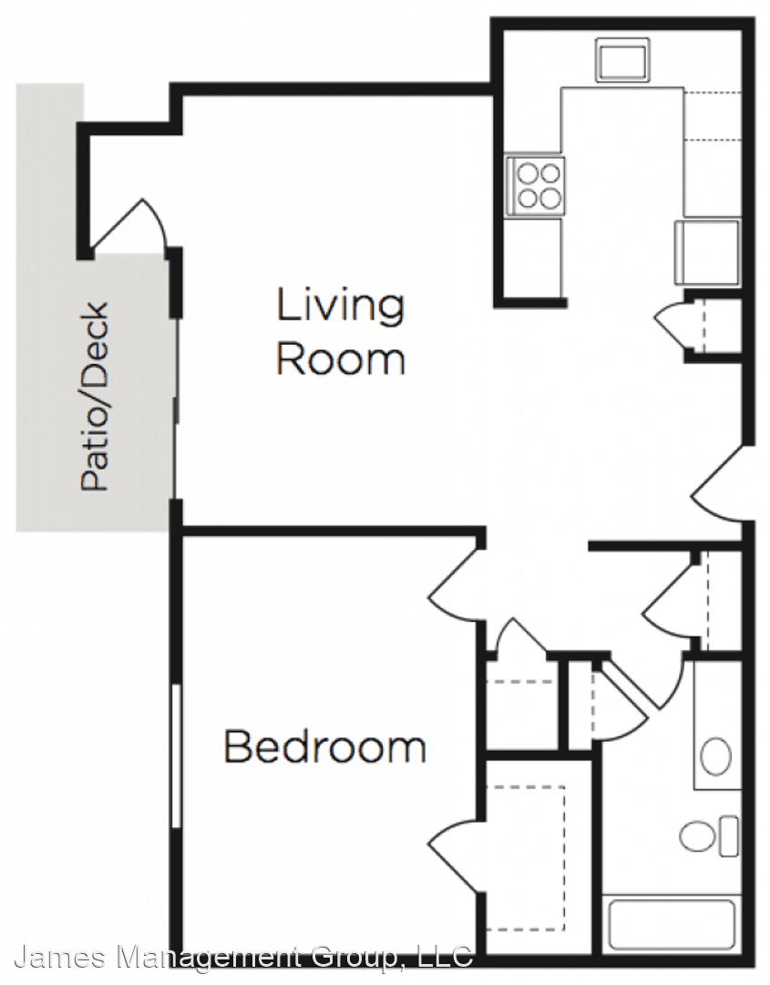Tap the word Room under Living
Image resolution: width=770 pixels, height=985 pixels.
341,360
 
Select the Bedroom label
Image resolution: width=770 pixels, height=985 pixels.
325,746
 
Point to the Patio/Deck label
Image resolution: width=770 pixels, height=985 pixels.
95,397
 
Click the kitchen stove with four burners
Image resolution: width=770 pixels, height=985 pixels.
536,186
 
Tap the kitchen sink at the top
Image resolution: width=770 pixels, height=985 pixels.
622,59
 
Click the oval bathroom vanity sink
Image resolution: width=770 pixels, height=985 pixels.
715,757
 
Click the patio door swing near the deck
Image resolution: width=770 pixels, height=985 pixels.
128,225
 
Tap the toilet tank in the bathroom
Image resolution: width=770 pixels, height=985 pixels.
729,836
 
